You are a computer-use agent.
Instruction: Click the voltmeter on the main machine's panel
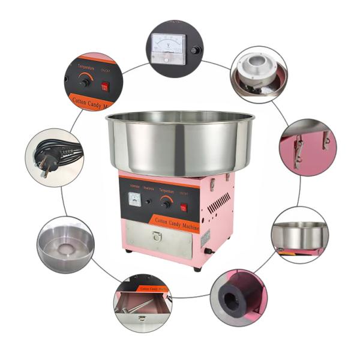point(135,198)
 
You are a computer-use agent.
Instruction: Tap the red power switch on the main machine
point(184,207)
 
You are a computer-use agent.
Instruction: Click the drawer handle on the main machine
point(157,237)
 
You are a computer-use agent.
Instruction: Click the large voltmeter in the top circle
point(169,46)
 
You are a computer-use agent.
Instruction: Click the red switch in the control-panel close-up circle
point(104,86)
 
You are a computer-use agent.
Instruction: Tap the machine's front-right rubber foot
point(197,268)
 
